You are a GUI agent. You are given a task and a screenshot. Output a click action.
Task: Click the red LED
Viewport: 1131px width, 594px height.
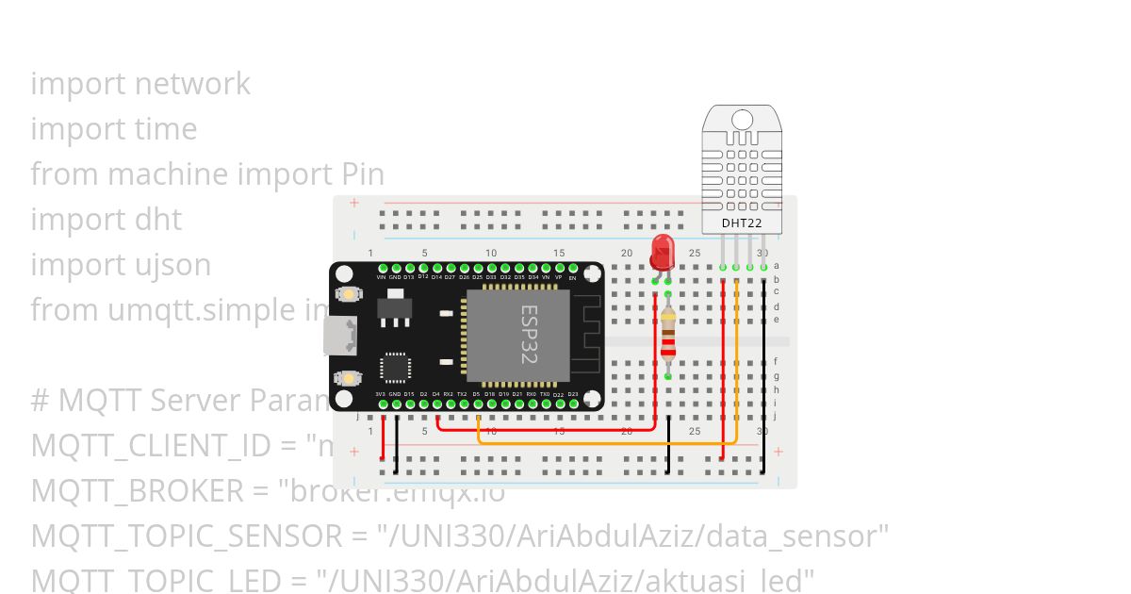(663, 252)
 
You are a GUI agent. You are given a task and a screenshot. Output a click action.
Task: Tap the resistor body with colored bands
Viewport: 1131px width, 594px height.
(668, 337)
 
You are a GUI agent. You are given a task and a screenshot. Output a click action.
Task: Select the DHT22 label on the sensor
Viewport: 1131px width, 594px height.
(742, 224)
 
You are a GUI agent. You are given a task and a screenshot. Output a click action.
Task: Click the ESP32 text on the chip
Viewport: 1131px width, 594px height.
(528, 334)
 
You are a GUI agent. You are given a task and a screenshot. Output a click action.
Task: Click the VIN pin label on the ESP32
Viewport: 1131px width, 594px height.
(381, 277)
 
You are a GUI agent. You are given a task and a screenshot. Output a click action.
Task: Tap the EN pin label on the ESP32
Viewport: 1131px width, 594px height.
(572, 278)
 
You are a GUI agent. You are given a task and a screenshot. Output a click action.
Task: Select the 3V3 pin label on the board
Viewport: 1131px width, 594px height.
(380, 393)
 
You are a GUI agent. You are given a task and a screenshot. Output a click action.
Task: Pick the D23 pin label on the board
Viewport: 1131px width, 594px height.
(572, 393)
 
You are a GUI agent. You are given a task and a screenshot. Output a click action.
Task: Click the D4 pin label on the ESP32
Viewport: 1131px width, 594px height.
(435, 393)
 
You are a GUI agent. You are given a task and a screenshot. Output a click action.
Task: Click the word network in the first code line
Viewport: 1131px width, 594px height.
(192, 84)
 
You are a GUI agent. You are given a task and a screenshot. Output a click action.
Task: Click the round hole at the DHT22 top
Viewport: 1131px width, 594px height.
(742, 120)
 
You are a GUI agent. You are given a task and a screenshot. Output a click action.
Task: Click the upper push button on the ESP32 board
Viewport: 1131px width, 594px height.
(350, 294)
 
